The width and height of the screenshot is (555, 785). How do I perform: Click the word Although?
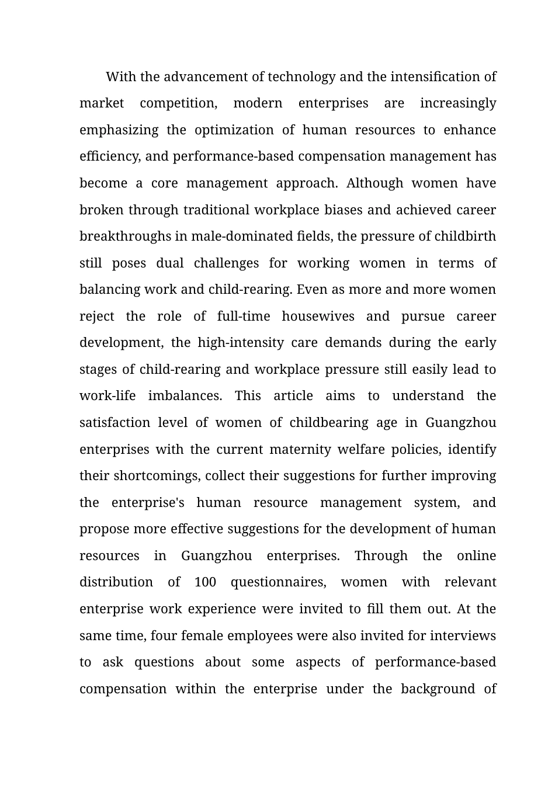coord(374,183)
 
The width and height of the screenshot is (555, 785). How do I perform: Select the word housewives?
coord(318,317)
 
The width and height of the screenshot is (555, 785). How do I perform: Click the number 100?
coord(205,582)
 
